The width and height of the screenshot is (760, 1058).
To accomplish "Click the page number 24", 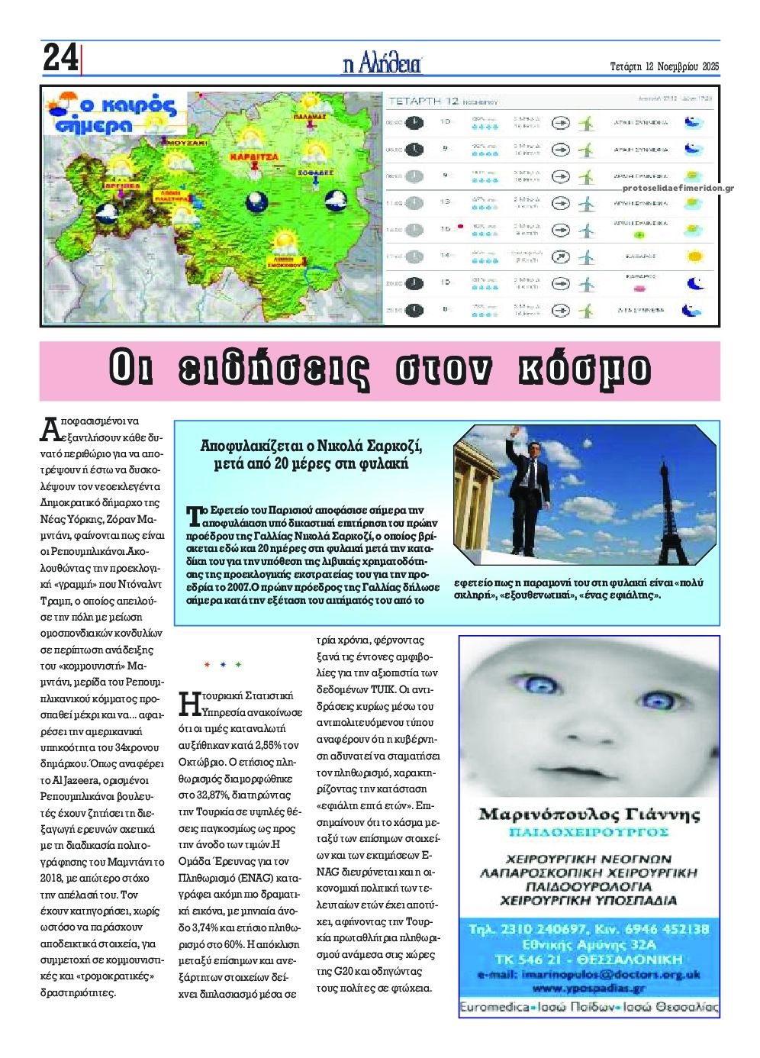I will point(60,58).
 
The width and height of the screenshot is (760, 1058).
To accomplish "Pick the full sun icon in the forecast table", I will point(694,256).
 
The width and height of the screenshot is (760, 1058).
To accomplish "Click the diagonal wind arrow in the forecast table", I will point(561,256).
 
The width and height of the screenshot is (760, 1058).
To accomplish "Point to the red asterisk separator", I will point(208,665).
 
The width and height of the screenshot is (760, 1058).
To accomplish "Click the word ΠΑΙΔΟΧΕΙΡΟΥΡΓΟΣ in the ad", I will point(589,832).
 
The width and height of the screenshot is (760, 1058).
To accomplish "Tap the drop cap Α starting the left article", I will point(49,430).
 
